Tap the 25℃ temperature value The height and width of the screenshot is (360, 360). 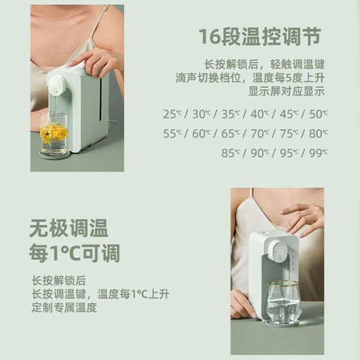tap(172, 114)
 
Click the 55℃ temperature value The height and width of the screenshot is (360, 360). tap(172, 133)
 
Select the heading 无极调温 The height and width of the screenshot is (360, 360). tap(69, 228)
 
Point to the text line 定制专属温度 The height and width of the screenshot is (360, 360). tap(64, 307)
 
